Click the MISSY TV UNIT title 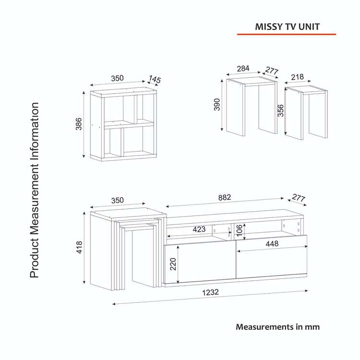[287, 26]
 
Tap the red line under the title [286, 35]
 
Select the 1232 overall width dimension [211, 292]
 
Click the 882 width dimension [224, 197]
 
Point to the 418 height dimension [79, 247]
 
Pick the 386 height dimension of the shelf [79, 124]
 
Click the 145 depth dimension [155, 79]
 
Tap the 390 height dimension [217, 105]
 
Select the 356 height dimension [281, 110]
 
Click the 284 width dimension [243, 69]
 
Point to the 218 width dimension [297, 77]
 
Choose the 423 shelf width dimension [199, 229]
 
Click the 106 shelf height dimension [239, 230]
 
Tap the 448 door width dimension [272, 243]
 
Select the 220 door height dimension [173, 264]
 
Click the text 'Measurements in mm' [277, 327]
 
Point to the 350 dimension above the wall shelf [117, 78]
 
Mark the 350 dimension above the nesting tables [117, 201]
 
